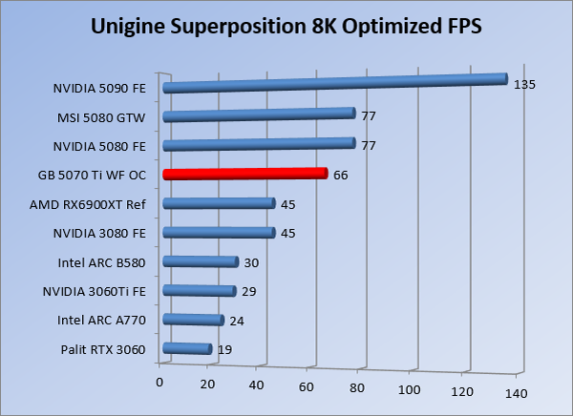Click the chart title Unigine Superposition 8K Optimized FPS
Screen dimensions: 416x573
click(286, 26)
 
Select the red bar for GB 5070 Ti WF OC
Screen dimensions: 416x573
click(245, 175)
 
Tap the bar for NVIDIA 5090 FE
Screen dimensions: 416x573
click(334, 83)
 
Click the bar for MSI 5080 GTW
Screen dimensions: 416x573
click(260, 115)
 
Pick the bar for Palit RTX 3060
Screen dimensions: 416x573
click(187, 349)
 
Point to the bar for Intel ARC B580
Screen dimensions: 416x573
click(201, 261)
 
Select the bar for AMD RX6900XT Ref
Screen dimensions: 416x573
click(220, 203)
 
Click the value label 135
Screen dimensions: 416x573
click(524, 84)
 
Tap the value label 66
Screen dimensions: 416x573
click(341, 176)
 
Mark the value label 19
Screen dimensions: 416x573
click(224, 350)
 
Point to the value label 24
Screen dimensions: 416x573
click(237, 321)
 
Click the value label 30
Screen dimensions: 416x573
click(252, 262)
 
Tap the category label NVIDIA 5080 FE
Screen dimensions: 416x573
click(99, 146)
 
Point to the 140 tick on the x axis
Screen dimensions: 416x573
click(517, 393)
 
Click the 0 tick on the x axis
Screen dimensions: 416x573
click(159, 383)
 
